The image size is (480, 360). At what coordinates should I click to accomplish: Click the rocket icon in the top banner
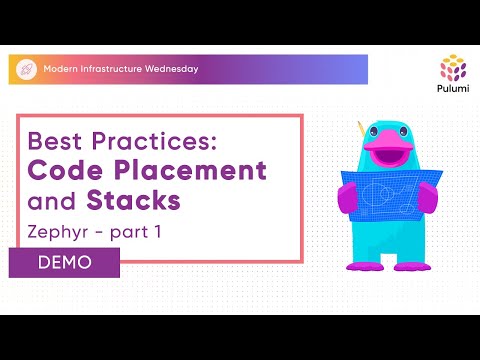pyautogui.click(x=26, y=69)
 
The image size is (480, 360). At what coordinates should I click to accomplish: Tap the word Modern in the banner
pyautogui.click(x=62, y=69)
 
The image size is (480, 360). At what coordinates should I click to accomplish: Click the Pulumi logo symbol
pyautogui.click(x=453, y=68)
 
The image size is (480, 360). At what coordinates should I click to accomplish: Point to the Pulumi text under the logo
pyautogui.click(x=453, y=91)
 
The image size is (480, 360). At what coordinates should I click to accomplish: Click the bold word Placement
pyautogui.click(x=195, y=170)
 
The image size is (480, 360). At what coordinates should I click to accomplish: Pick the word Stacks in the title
pyautogui.click(x=134, y=200)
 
